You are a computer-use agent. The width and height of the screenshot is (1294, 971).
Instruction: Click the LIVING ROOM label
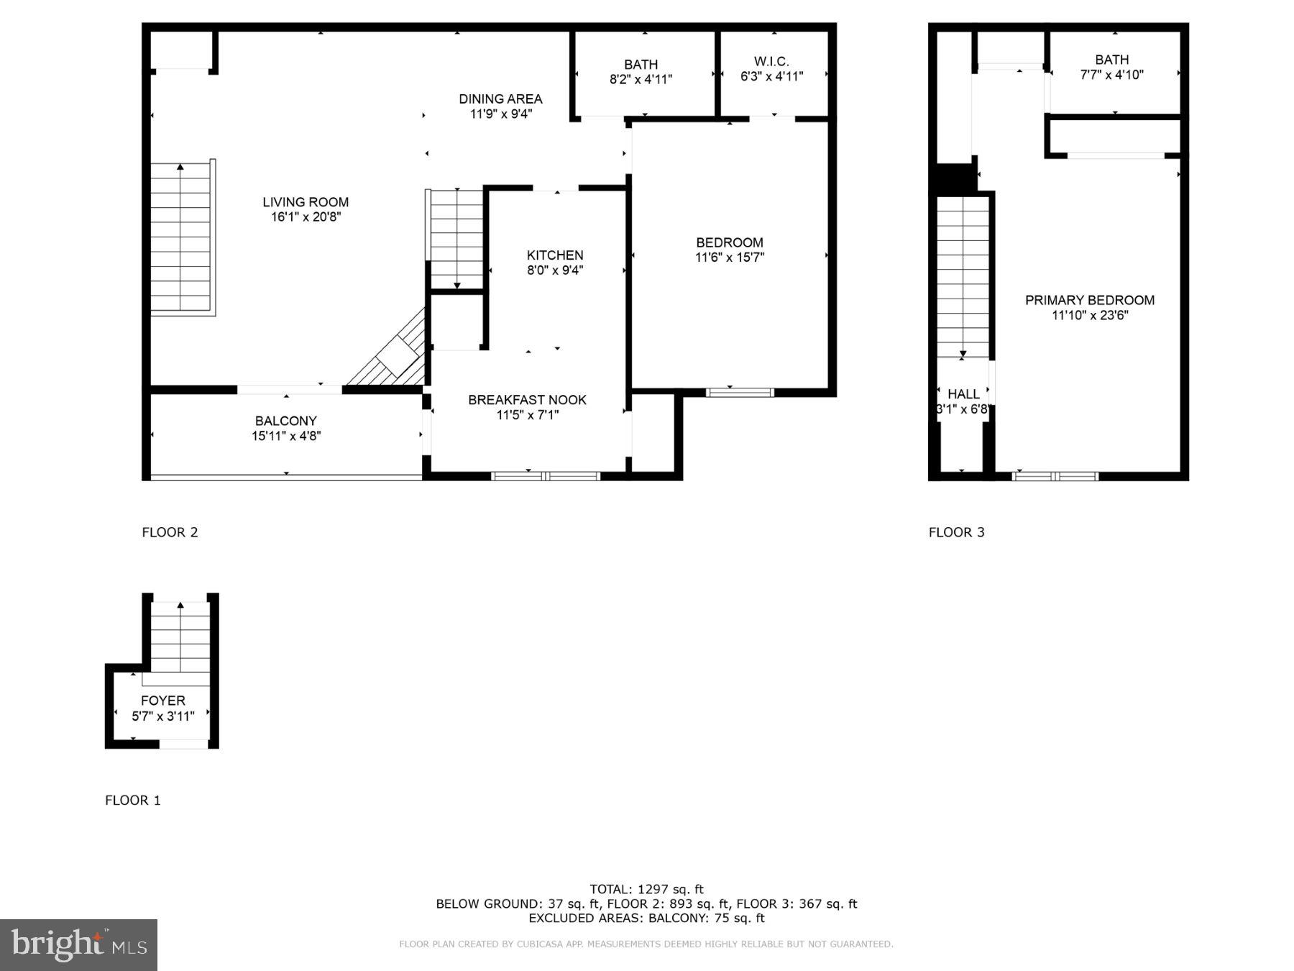[x=306, y=202]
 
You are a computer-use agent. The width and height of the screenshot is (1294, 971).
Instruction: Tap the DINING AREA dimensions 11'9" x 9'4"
[x=501, y=114]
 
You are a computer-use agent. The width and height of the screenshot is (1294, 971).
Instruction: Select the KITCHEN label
[x=555, y=255]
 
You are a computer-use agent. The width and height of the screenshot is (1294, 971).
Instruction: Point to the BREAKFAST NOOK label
[x=527, y=400]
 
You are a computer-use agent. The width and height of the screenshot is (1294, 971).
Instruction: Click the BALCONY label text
[x=285, y=421]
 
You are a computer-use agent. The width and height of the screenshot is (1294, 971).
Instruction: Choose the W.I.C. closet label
[x=771, y=62]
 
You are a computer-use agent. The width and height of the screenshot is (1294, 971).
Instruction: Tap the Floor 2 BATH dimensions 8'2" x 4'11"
[x=641, y=79]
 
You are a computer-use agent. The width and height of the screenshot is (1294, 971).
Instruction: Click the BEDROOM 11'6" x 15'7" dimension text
[x=729, y=257]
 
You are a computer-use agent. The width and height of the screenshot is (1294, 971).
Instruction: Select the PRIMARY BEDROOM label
[x=1090, y=300]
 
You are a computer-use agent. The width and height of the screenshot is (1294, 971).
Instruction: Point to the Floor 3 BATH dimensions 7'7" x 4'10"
[x=1111, y=75]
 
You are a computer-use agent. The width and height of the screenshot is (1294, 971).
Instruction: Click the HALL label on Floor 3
[x=963, y=394]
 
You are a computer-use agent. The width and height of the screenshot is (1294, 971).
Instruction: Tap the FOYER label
[x=163, y=701]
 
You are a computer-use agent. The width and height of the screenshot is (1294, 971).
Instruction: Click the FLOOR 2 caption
[x=170, y=532]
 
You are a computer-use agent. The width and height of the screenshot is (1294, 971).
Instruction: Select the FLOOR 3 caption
[x=956, y=532]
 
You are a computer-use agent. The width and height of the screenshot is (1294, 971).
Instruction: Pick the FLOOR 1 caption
[x=133, y=800]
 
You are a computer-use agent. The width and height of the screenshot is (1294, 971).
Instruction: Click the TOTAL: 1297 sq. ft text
[x=646, y=889]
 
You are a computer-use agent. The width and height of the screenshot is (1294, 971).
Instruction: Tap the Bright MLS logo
[x=78, y=944]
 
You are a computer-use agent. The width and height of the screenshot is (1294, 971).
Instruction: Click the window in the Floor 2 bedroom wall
[x=740, y=392]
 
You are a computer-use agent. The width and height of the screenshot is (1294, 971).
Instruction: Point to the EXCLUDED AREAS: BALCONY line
[x=646, y=918]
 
